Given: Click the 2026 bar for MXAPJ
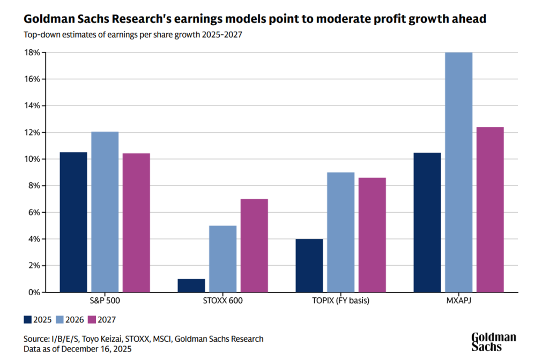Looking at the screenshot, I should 458,172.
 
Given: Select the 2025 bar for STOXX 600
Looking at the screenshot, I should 191,286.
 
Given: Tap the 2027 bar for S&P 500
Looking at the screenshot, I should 136,222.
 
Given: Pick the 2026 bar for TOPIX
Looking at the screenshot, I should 340,232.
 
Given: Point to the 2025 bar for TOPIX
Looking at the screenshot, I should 309,265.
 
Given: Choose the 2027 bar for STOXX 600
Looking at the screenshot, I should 254,245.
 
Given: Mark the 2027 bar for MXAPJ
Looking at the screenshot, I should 490,209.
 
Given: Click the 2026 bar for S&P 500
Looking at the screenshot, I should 105,212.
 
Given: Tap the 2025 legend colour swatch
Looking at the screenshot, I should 28,320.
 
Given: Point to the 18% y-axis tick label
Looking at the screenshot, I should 33,52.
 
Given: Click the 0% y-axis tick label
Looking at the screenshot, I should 35,292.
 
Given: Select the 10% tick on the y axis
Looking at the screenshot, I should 33,159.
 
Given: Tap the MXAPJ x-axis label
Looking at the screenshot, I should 458,301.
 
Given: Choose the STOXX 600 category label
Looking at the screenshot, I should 222,301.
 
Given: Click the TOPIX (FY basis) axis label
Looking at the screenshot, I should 340,301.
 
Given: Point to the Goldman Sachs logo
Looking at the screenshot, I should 494,341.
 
